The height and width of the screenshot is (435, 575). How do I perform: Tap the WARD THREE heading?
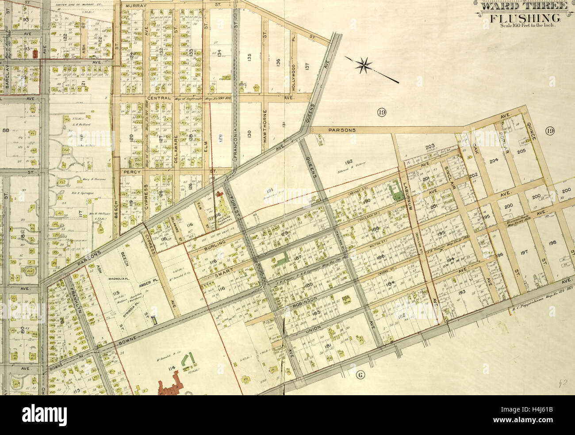[523, 6]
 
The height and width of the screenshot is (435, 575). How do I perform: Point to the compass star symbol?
[365, 66]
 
